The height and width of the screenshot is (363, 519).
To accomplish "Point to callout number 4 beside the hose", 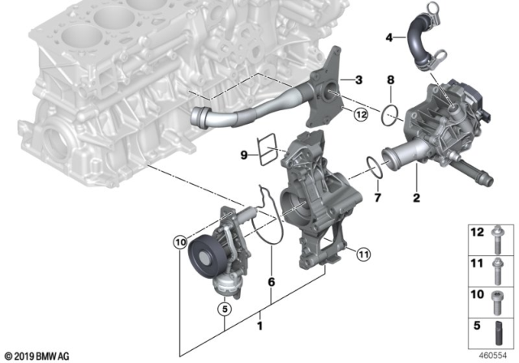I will [x=390, y=37].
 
